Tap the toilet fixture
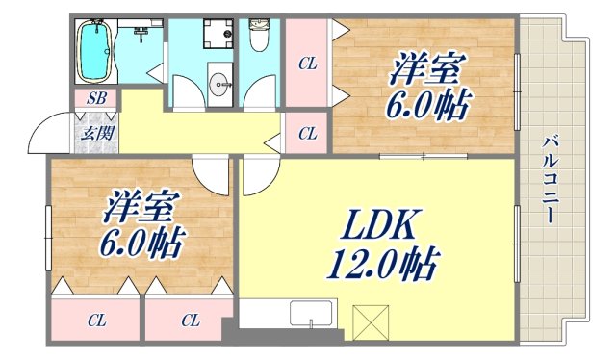(x=259, y=39)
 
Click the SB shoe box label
(x=96, y=98)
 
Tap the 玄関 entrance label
(x=95, y=133)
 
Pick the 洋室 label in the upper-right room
(x=427, y=70)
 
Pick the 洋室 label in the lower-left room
(x=141, y=206)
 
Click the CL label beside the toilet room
(x=307, y=64)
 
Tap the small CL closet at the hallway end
(x=307, y=134)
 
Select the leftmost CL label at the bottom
(x=95, y=320)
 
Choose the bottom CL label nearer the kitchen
(x=189, y=320)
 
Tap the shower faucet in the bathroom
(x=141, y=35)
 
